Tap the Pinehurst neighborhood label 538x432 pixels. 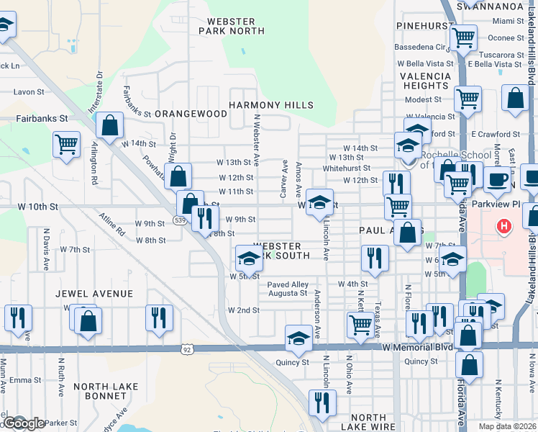pyautogui.click(x=423, y=26)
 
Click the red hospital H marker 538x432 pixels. pyautogui.click(x=504, y=227)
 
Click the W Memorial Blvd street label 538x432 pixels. pyautogui.click(x=418, y=347)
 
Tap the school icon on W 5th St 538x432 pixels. pyautogui.click(x=249, y=257)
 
